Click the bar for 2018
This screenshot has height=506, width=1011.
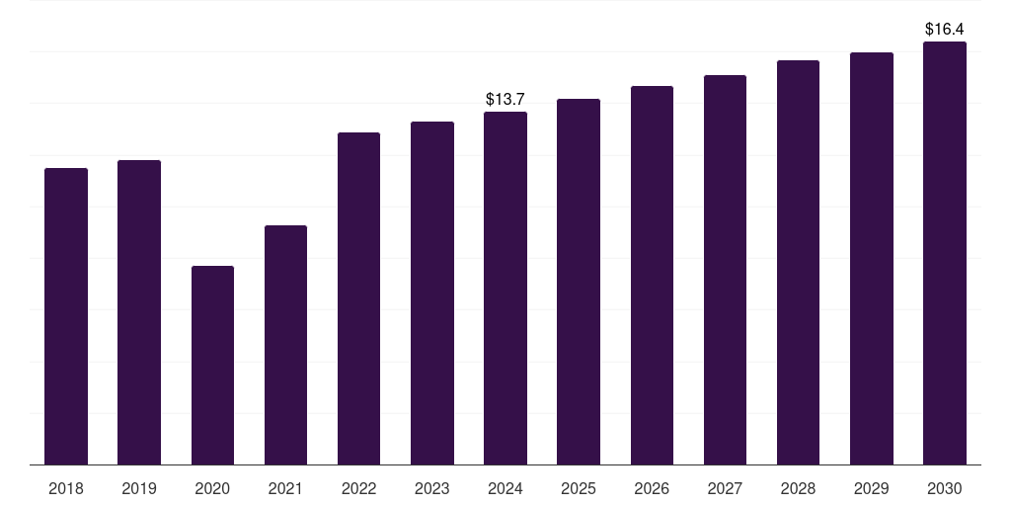[66, 316]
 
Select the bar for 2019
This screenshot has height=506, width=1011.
[139, 312]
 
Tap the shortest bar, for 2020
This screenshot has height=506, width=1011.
[212, 365]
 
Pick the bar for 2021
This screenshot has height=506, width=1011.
[285, 345]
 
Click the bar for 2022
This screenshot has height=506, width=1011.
[358, 298]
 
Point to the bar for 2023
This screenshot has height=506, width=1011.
[432, 293]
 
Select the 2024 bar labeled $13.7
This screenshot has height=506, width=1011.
[505, 288]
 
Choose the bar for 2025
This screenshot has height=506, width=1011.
[579, 282]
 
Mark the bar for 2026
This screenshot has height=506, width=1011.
[652, 275]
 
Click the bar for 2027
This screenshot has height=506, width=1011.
[725, 270]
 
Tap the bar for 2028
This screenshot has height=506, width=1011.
[798, 262]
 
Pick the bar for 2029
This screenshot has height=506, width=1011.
[872, 258]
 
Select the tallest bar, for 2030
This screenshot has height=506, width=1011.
[945, 253]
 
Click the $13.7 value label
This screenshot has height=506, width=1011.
[505, 99]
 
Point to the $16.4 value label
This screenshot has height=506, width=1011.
[945, 29]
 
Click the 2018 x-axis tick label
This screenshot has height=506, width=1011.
[66, 488]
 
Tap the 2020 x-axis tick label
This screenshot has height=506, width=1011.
[212, 488]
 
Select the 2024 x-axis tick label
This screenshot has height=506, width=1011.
[505, 488]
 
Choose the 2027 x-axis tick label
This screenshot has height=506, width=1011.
[725, 488]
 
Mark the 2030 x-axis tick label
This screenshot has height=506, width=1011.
[945, 488]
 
